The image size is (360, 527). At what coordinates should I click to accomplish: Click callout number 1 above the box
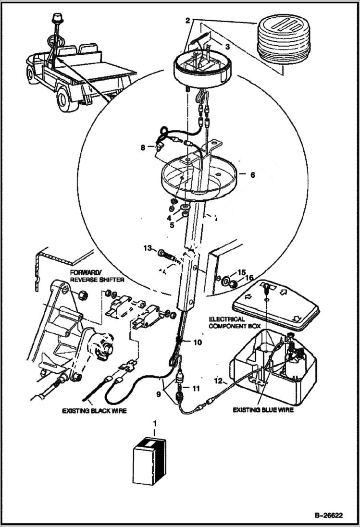155,424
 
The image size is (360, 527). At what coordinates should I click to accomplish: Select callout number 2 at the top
188,21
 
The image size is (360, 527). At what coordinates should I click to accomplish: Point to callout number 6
253,175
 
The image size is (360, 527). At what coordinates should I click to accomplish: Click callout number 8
143,148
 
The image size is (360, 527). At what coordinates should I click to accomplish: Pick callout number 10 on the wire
198,343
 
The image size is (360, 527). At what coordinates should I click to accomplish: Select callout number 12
218,381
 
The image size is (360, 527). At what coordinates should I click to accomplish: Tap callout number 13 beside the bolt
147,248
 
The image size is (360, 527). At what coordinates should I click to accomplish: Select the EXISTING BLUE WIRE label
263,410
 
